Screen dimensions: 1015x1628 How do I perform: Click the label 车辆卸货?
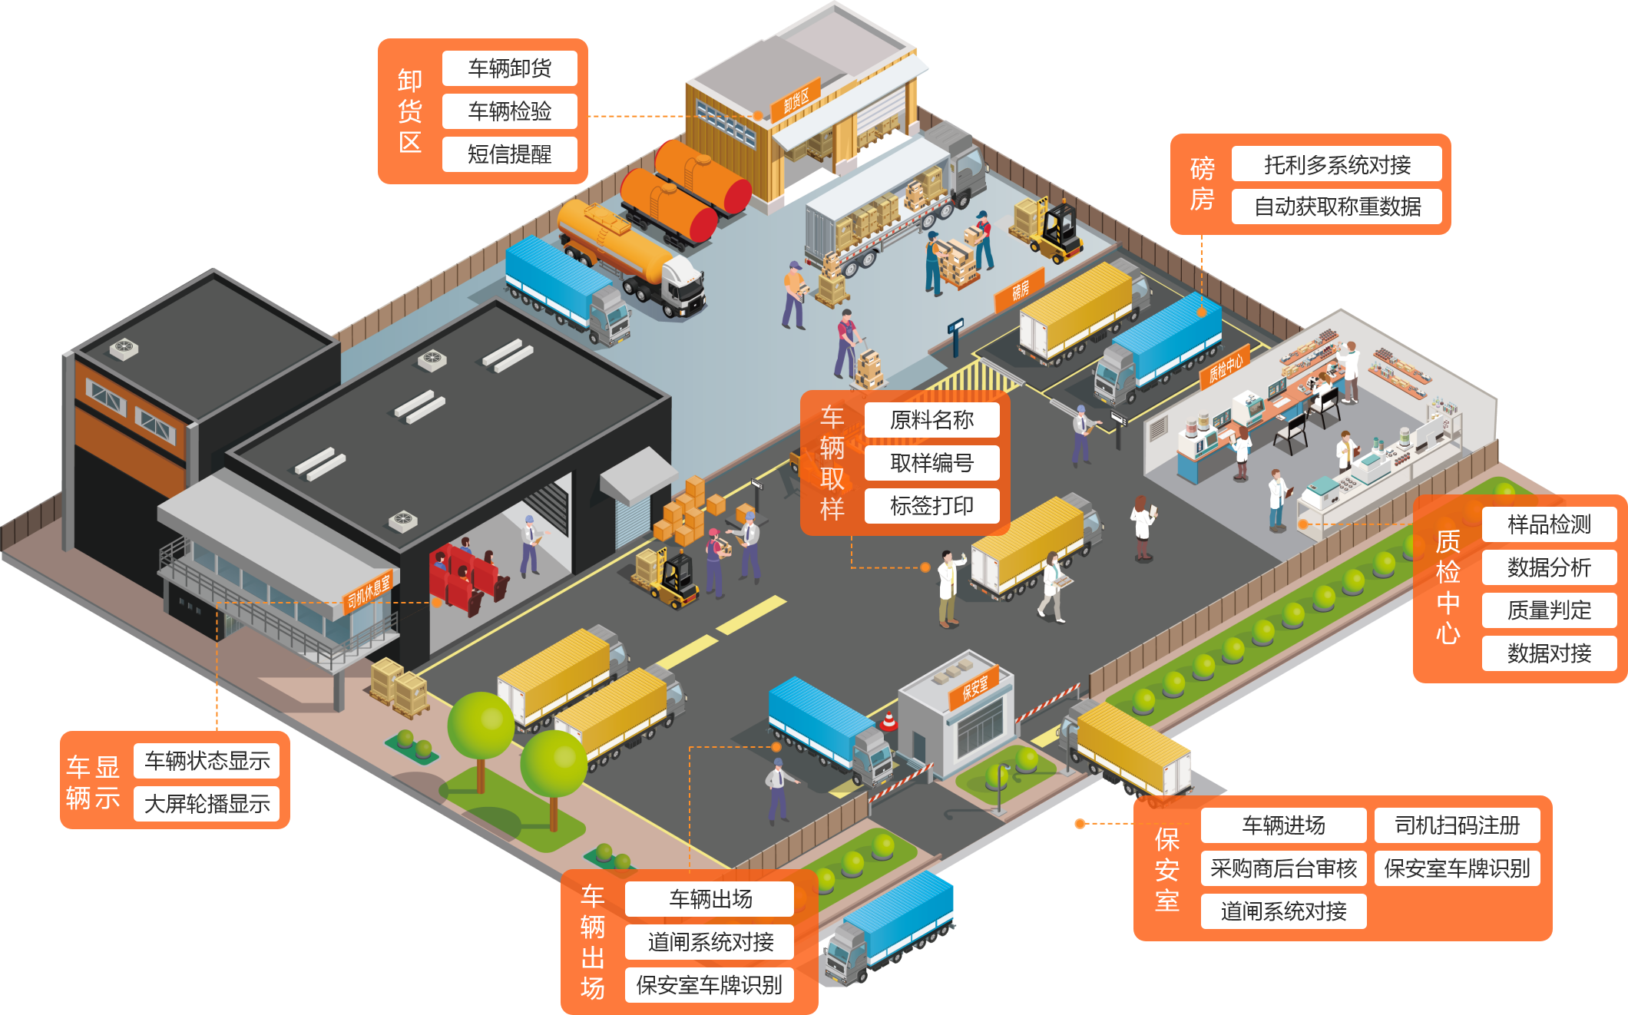(509, 68)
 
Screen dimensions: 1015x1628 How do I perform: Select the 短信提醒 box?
(509, 154)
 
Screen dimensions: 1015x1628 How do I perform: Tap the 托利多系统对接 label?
(1336, 164)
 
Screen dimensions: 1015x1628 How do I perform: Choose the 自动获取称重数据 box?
(1336, 207)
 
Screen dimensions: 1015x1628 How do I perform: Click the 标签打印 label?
(931, 506)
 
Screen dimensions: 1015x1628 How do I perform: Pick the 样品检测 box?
(1548, 524)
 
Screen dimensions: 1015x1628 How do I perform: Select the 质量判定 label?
(1548, 610)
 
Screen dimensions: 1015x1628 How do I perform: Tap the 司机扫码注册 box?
(1457, 825)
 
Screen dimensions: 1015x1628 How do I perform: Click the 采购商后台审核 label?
(1283, 868)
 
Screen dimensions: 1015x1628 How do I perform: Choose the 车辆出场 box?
(710, 899)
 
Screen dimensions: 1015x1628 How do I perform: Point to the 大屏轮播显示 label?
(207, 804)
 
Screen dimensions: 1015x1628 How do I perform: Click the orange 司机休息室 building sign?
(368, 590)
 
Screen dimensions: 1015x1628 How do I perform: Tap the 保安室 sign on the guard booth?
(974, 686)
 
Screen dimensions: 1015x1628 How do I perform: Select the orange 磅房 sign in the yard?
(1020, 290)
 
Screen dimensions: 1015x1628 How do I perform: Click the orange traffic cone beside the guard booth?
(888, 721)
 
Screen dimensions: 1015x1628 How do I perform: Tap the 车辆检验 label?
(509, 111)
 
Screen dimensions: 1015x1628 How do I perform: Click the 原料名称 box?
(931, 420)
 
